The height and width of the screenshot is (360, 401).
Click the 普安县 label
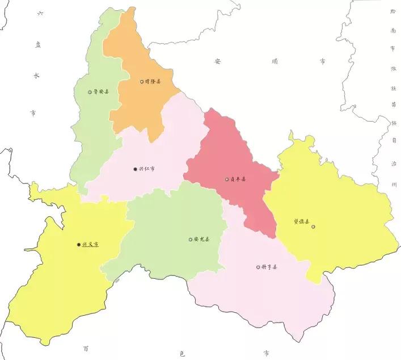pyautogui.click(x=101, y=91)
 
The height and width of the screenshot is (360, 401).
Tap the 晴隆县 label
pyautogui.click(x=153, y=82)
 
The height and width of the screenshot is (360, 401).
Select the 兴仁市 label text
pyautogui.click(x=147, y=169)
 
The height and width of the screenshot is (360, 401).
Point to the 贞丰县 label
pyautogui.click(x=238, y=180)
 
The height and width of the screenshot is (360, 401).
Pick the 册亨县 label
pyautogui.click(x=269, y=267)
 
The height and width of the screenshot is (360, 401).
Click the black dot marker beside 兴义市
pyautogui.click(x=79, y=245)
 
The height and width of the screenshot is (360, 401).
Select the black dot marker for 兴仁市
pyautogui.click(x=134, y=169)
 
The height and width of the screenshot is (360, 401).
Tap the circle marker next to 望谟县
pyautogui.click(x=313, y=227)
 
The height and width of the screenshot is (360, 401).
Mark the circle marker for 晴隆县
pyautogui.click(x=142, y=82)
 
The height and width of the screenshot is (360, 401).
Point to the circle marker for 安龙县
pyautogui.click(x=191, y=240)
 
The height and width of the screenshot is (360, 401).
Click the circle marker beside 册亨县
pyautogui.click(x=258, y=267)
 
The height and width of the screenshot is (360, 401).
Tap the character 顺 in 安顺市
pyautogui.click(x=274, y=61)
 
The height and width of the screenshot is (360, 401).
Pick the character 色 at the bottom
pyautogui.click(x=181, y=353)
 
